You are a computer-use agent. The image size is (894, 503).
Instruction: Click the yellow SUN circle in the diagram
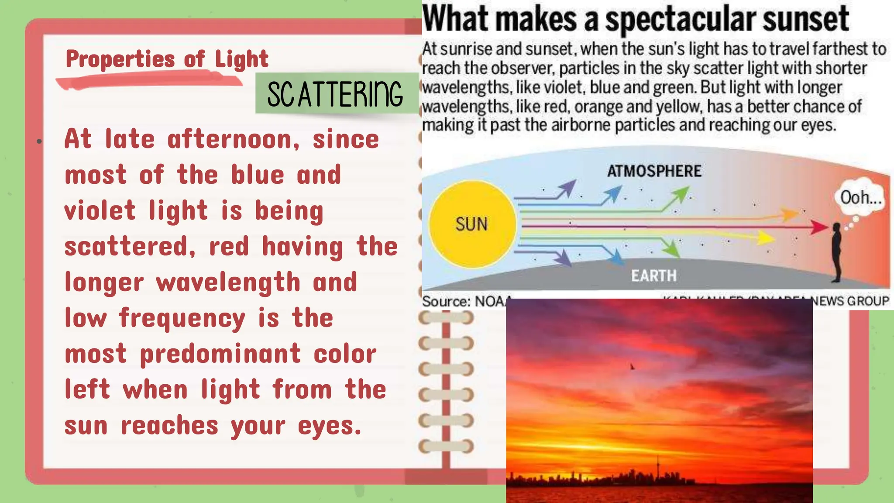[472, 224]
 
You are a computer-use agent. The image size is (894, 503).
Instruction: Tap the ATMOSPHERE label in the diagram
[654, 171]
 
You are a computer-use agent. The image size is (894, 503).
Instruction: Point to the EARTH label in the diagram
[653, 276]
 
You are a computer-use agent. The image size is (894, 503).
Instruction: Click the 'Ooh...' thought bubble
[861, 198]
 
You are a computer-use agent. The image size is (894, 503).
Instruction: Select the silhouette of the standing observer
[836, 251]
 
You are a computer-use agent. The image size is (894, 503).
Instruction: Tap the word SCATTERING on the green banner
[335, 94]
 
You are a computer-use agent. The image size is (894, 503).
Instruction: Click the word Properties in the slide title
[120, 59]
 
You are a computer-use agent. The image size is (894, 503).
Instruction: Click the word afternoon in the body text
[234, 140]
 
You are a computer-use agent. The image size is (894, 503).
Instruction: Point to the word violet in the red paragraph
[100, 210]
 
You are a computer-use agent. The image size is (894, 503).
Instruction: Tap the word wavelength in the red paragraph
[228, 282]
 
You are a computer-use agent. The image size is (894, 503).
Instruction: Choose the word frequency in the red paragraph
[182, 318]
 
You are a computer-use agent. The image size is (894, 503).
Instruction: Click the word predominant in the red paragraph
[220, 354]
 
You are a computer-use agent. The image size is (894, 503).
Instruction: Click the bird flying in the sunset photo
[632, 367]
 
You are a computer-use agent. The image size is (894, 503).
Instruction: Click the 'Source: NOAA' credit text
[465, 301]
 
